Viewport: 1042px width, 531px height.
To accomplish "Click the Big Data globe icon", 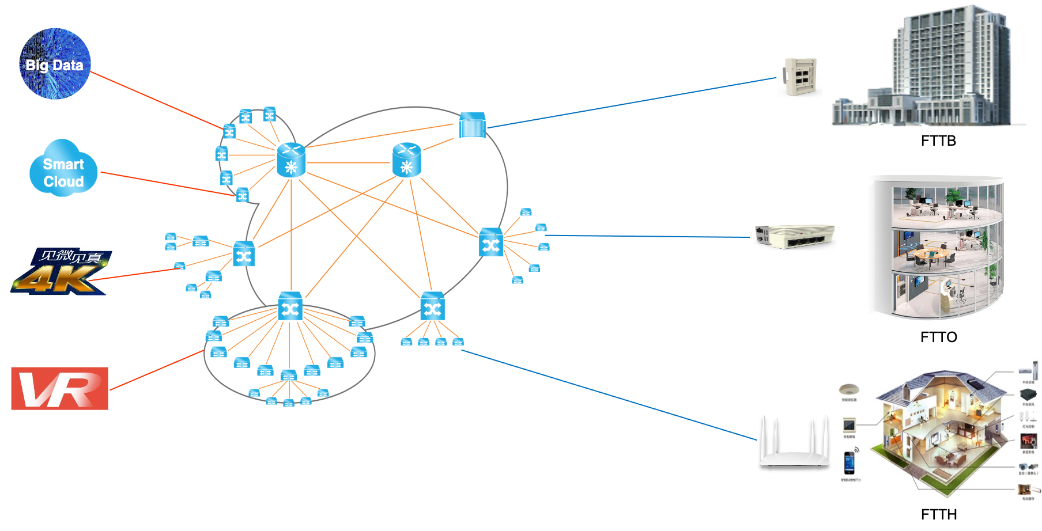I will coord(55,64).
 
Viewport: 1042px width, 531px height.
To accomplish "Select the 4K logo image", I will coord(61,271).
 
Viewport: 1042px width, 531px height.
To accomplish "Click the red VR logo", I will coord(59,388).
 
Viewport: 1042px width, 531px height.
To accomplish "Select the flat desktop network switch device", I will coord(795,237).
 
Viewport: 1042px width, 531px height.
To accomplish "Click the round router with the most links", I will coord(291,160).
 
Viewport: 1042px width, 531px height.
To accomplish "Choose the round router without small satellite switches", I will coord(407,160).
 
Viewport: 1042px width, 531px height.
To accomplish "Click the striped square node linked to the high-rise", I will coord(472,125).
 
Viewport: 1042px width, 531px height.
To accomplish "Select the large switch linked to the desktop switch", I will coord(490,242).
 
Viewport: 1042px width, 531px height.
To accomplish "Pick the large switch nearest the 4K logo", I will coord(244,254).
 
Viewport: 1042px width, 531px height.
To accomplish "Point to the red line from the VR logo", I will coord(156,370).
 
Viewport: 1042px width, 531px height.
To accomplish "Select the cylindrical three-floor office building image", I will coord(935,248).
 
